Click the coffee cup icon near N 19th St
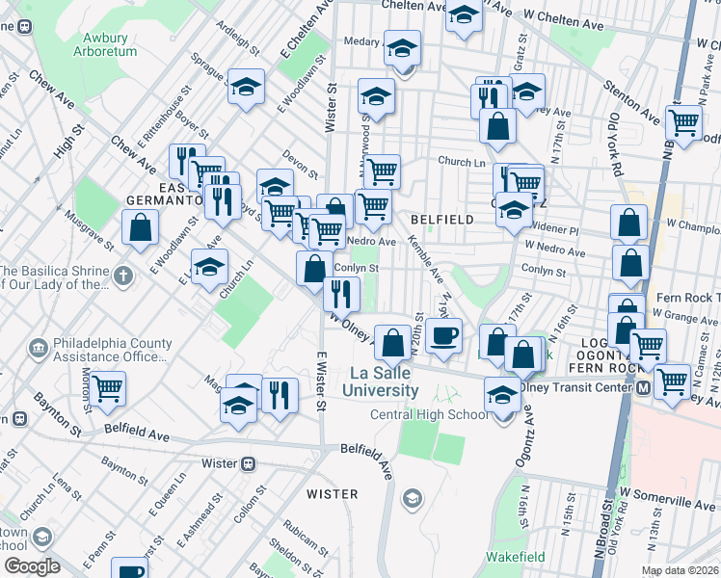[443, 336]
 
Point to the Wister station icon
[250, 462]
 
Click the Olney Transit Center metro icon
[642, 386]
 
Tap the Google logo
[32, 566]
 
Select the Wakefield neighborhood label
[514, 557]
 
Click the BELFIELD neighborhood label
[441, 220]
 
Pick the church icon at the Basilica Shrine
[121, 277]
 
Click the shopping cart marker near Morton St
[108, 388]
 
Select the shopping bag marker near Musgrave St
[141, 228]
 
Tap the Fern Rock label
[682, 298]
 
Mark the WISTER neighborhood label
[332, 494]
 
